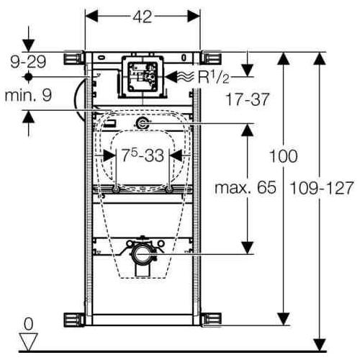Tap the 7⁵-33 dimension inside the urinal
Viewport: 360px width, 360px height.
143,155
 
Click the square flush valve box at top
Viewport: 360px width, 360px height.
143,74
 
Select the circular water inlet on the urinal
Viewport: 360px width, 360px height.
143,124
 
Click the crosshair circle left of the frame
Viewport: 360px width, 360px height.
28,75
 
